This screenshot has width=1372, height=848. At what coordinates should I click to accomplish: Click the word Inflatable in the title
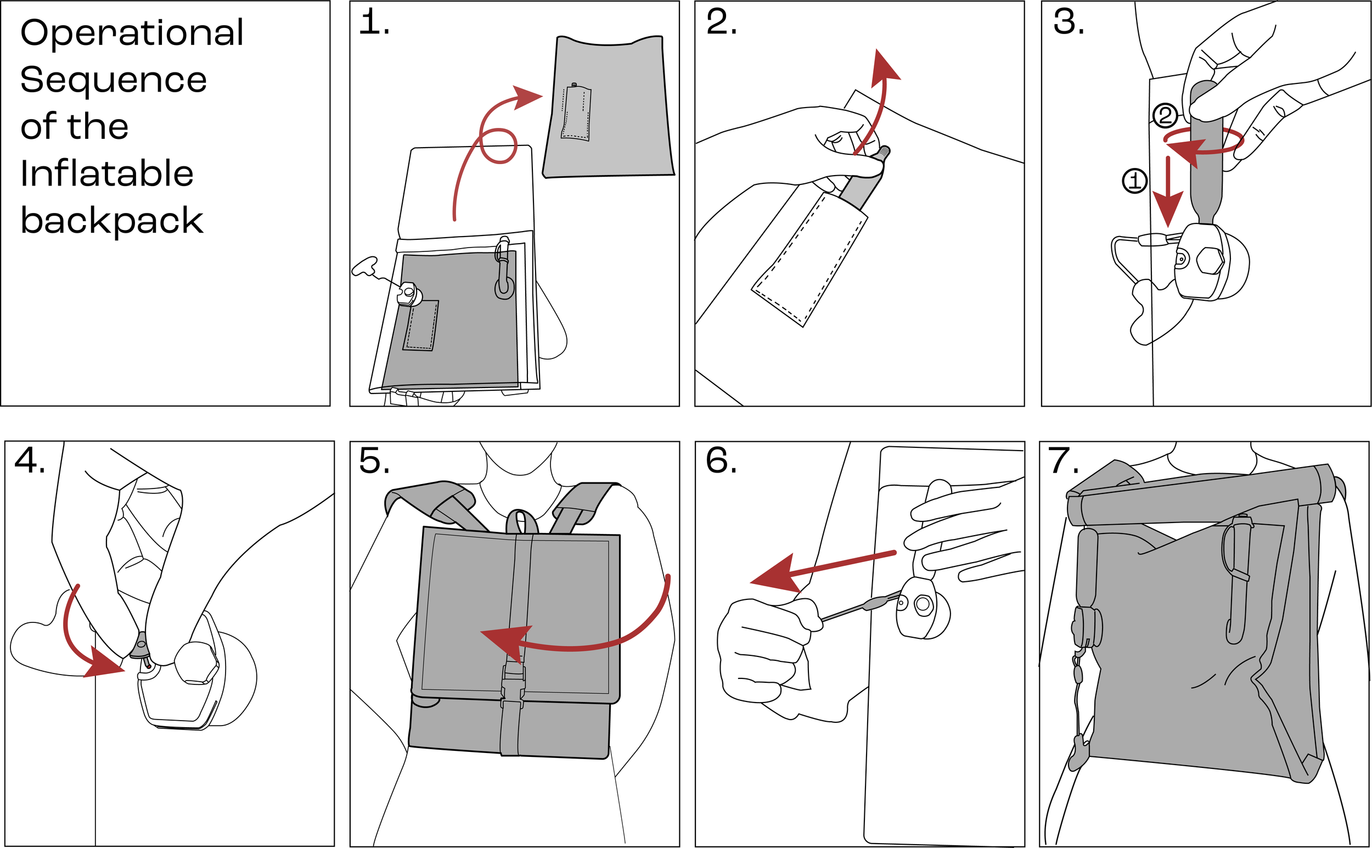point(106,173)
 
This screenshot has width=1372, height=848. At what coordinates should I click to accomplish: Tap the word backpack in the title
point(111,221)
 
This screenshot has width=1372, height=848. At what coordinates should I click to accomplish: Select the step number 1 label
point(373,24)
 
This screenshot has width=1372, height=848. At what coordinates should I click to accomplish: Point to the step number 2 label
point(721,24)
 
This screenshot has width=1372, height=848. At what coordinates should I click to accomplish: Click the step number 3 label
point(1068,24)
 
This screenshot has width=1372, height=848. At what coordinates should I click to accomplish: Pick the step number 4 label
point(29,462)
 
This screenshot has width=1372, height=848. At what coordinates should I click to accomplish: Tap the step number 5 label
point(374,462)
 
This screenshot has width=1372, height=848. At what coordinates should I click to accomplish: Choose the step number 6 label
point(721,462)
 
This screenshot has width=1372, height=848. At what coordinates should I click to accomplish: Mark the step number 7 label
point(1064,462)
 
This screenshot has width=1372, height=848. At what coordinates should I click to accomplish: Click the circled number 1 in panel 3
point(1134,181)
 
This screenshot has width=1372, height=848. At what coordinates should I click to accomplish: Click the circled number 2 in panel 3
point(1165,116)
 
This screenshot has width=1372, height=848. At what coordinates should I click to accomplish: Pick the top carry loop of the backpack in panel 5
point(521,521)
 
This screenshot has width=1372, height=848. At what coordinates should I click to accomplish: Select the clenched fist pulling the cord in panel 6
point(762,650)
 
